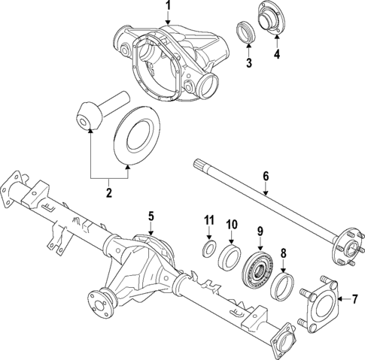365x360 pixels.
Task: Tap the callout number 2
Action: point(108,193)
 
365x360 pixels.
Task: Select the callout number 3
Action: point(248,62)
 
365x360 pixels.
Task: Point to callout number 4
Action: point(276,54)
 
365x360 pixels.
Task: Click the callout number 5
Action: point(151,216)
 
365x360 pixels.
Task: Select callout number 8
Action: point(284,253)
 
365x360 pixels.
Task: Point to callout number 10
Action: point(232,224)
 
